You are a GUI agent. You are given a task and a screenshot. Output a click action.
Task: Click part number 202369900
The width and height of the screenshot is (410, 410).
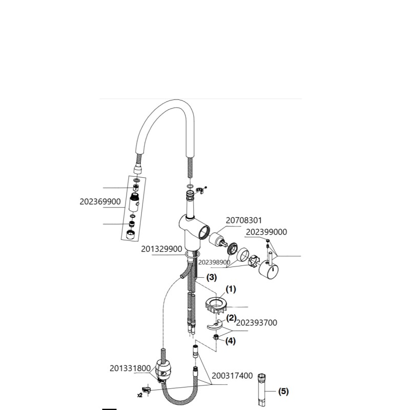(100, 201)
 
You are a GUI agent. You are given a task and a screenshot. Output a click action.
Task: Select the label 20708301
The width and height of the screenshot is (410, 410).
(244, 220)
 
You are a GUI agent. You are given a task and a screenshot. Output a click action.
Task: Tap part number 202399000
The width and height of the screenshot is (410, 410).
(266, 232)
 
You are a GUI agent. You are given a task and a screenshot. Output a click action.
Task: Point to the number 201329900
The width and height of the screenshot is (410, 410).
(161, 249)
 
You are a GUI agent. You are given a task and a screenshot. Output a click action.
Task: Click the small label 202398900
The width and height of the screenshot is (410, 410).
(214, 262)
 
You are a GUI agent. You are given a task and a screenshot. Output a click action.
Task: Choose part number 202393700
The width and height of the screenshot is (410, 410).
(257, 323)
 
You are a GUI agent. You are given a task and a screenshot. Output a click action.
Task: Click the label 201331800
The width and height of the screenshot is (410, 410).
(130, 368)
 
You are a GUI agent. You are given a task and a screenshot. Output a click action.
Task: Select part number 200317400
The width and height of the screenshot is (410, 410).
(232, 376)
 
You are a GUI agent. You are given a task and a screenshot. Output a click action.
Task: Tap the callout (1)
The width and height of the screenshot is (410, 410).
(231, 289)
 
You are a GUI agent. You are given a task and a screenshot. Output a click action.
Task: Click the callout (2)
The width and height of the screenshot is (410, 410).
(231, 318)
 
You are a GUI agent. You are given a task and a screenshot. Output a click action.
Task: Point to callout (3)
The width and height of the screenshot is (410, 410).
(212, 277)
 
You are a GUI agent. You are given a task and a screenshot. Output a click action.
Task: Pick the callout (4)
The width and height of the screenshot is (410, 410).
(230, 341)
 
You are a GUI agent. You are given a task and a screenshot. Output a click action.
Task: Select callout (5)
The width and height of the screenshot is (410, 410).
(283, 392)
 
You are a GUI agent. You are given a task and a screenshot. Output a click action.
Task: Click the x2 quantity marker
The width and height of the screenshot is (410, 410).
(140, 395)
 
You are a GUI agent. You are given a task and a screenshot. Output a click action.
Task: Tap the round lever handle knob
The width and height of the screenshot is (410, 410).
(269, 271)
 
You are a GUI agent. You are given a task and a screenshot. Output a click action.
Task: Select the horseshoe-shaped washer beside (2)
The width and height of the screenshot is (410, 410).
(215, 325)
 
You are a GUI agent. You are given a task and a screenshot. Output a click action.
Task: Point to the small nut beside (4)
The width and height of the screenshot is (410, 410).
(216, 337)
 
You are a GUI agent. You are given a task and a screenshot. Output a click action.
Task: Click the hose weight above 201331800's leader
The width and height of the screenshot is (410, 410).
(162, 368)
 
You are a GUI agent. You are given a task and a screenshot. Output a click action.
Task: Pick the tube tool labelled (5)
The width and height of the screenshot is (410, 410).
(261, 390)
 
